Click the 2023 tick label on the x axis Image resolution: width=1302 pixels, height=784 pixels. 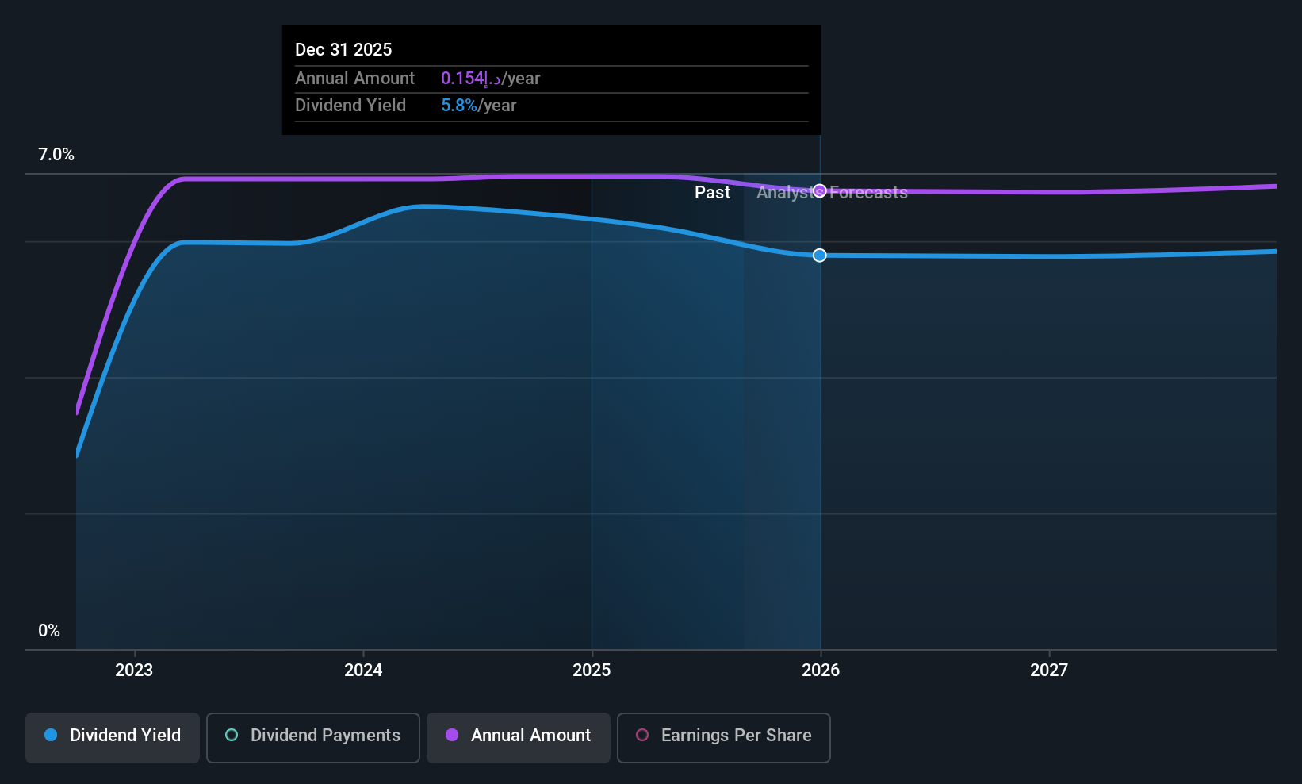tap(134, 670)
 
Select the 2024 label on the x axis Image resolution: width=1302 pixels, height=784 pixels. tap(363, 670)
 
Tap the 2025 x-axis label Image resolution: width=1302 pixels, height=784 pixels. tap(592, 670)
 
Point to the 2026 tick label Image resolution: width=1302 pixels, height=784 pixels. tap(821, 670)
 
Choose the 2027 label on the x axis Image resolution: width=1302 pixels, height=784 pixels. tap(1049, 670)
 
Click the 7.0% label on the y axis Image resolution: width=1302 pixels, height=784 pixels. tap(56, 155)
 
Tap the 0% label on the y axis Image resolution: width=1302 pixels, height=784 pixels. tap(49, 631)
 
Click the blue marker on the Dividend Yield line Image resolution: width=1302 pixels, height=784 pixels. tap(820, 256)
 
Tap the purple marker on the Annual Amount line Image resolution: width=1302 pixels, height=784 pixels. tap(820, 191)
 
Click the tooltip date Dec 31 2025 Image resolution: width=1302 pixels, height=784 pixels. tap(343, 49)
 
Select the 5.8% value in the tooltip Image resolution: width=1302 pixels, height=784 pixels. tap(459, 106)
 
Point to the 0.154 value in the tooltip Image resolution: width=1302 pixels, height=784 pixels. tap(462, 79)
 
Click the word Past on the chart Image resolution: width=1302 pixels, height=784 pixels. tap(712, 193)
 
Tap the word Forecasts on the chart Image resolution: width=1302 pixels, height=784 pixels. tap(868, 193)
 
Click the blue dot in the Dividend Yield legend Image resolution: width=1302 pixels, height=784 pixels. tap(51, 735)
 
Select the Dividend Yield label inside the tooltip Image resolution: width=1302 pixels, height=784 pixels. tap(350, 106)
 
